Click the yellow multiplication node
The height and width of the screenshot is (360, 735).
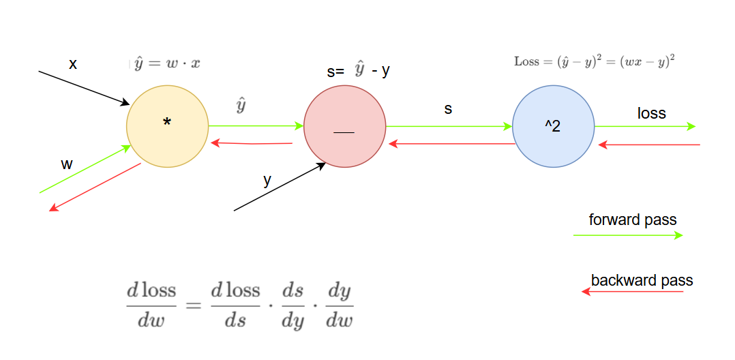coord(167,127)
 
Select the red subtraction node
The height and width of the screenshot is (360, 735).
coord(344,127)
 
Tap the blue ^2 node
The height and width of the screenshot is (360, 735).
coord(553,126)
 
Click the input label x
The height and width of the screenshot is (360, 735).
coord(73,65)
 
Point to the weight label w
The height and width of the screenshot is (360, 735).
coord(67,164)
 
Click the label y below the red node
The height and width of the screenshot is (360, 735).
coord(267,181)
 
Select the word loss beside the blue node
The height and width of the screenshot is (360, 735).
coord(651,113)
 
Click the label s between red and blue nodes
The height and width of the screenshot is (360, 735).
coord(448,108)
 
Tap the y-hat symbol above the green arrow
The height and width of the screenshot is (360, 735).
coord(241,106)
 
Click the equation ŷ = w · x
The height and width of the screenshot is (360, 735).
coord(167,63)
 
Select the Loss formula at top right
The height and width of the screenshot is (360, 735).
coord(594,61)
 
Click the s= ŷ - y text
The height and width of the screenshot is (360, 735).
coord(359,70)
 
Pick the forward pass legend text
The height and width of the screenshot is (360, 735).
coord(633,220)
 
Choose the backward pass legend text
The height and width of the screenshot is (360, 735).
coord(642,280)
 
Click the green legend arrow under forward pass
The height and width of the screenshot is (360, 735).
coord(627,235)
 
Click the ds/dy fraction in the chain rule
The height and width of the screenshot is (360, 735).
coord(292,306)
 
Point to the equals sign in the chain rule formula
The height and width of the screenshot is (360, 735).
coord(194,305)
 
